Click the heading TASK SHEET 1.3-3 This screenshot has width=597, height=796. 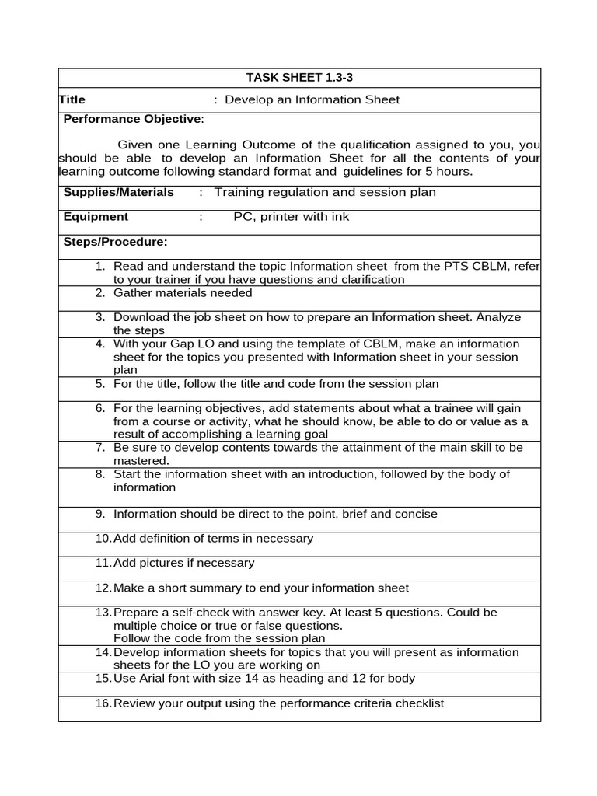point(299,77)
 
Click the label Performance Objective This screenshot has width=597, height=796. point(132,119)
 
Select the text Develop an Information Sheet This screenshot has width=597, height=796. point(312,99)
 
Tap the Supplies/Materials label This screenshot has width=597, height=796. point(118,192)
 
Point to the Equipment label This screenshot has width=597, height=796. point(96,217)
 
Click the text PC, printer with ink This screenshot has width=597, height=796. point(291,217)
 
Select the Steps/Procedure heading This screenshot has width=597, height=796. point(115,242)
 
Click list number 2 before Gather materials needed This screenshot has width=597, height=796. point(100,293)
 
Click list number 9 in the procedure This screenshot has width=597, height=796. point(100,514)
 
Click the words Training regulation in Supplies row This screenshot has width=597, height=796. point(264,192)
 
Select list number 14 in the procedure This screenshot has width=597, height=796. point(103,652)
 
